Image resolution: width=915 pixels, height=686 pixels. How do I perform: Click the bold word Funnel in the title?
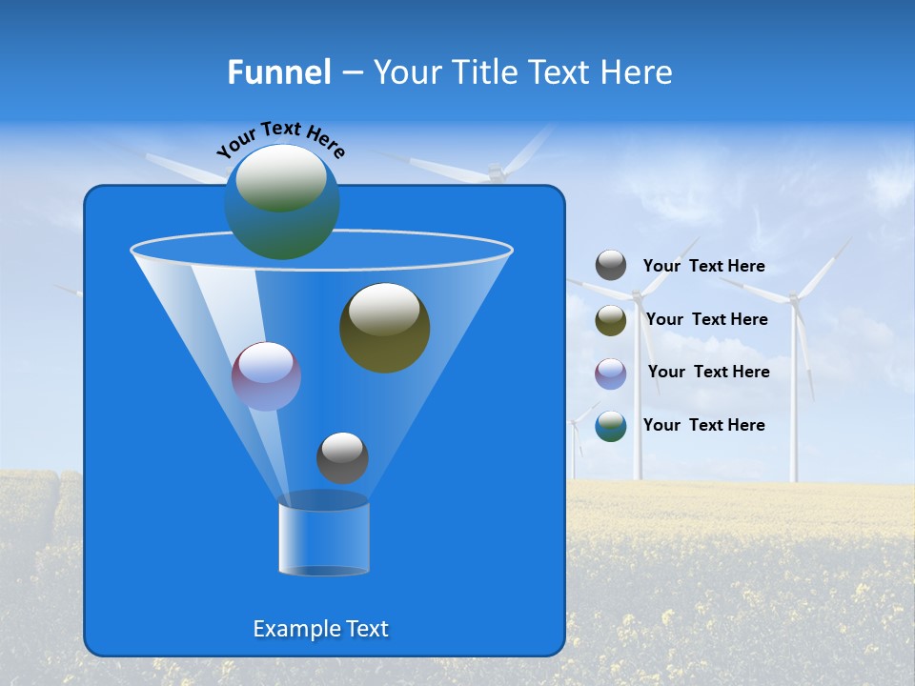(x=278, y=72)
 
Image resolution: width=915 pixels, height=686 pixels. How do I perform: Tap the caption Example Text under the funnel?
(x=320, y=629)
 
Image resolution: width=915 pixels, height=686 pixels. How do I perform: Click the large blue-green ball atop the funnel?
(x=282, y=201)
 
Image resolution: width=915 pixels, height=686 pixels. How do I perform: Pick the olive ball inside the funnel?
(x=384, y=328)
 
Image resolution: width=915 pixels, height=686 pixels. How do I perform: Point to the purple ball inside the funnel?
(x=266, y=376)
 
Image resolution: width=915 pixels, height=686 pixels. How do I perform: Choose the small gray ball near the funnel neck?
(x=342, y=457)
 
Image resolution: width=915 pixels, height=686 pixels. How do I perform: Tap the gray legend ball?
(x=611, y=266)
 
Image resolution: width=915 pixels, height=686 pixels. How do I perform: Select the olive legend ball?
(x=611, y=320)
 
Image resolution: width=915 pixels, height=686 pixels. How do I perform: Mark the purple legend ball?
(x=611, y=373)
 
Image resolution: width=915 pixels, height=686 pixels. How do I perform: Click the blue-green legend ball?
(x=611, y=426)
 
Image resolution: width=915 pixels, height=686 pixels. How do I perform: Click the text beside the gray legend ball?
(x=703, y=266)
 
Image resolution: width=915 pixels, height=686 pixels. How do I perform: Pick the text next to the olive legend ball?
(x=706, y=319)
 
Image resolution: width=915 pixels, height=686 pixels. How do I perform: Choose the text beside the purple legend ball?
(x=708, y=372)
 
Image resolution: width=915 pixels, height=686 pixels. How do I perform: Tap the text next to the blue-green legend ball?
(x=703, y=425)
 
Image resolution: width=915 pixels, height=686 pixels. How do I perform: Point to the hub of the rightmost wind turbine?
(x=792, y=298)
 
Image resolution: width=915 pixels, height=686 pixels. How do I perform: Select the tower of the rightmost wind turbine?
(x=792, y=400)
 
